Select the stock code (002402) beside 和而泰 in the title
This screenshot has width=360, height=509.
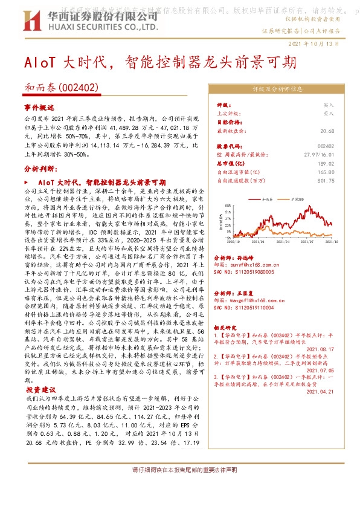79,87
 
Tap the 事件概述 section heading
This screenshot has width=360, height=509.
35,106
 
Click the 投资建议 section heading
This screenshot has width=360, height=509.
38,391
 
